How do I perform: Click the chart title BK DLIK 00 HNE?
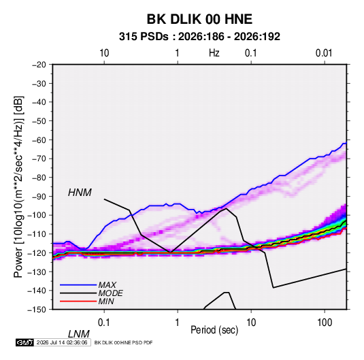(x=199, y=19)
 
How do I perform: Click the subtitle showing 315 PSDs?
(x=199, y=37)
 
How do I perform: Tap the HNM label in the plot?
(x=80, y=193)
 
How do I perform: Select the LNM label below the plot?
(x=78, y=334)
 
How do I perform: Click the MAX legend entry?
(x=107, y=284)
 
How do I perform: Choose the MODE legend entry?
(x=110, y=293)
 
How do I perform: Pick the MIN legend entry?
(x=106, y=301)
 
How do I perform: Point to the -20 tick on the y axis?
(x=39, y=65)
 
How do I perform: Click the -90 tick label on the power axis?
(x=39, y=196)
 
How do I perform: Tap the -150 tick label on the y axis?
(x=37, y=310)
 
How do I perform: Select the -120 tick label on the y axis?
(x=37, y=252)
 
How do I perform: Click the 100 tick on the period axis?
(x=325, y=323)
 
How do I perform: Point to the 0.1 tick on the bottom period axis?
(x=104, y=323)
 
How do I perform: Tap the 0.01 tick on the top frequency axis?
(x=324, y=53)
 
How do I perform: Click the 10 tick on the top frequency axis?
(x=104, y=53)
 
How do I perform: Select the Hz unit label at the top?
(x=214, y=53)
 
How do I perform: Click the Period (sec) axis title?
(x=214, y=330)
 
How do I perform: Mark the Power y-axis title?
(x=18, y=186)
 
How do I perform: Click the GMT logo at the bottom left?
(x=25, y=342)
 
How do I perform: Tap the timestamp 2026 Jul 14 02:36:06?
(x=62, y=342)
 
